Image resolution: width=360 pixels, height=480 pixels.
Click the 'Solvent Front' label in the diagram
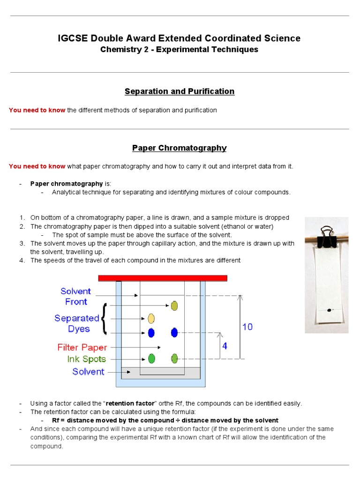click(76, 296)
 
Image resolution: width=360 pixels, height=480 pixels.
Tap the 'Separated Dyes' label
click(77, 323)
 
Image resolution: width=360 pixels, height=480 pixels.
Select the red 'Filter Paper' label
click(82, 347)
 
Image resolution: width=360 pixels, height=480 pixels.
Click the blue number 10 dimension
click(247, 327)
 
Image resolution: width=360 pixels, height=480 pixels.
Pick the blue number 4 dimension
click(225, 346)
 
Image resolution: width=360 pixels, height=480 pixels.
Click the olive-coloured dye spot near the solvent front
click(174, 306)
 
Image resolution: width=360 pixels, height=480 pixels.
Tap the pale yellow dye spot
click(151, 319)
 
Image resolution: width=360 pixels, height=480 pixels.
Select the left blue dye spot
click(151, 333)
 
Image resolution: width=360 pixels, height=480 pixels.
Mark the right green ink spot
click(174, 359)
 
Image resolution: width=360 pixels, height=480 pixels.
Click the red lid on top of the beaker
click(163, 278)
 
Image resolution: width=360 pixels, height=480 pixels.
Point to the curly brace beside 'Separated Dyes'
click(104, 319)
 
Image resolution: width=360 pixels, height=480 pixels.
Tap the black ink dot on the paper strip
click(329, 310)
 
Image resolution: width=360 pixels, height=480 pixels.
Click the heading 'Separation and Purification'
click(180, 91)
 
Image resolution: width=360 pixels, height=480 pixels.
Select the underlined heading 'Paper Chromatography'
click(180, 148)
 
